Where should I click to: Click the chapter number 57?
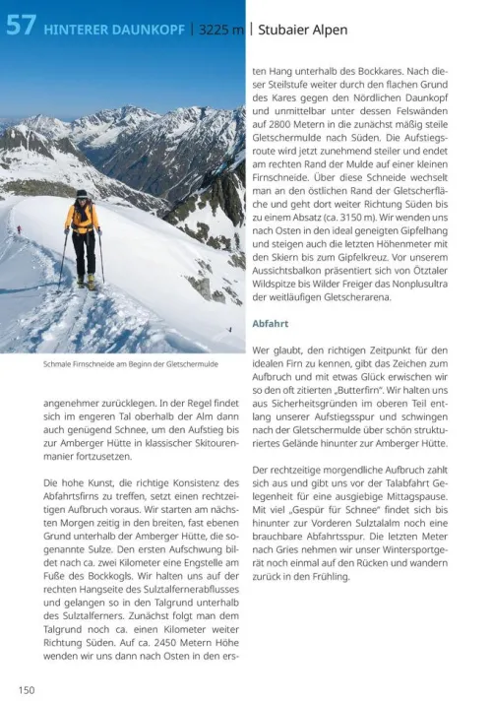(x=22, y=28)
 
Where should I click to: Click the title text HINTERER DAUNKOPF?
(x=114, y=30)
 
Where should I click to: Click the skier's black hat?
(x=82, y=194)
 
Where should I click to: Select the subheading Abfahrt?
(x=271, y=323)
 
